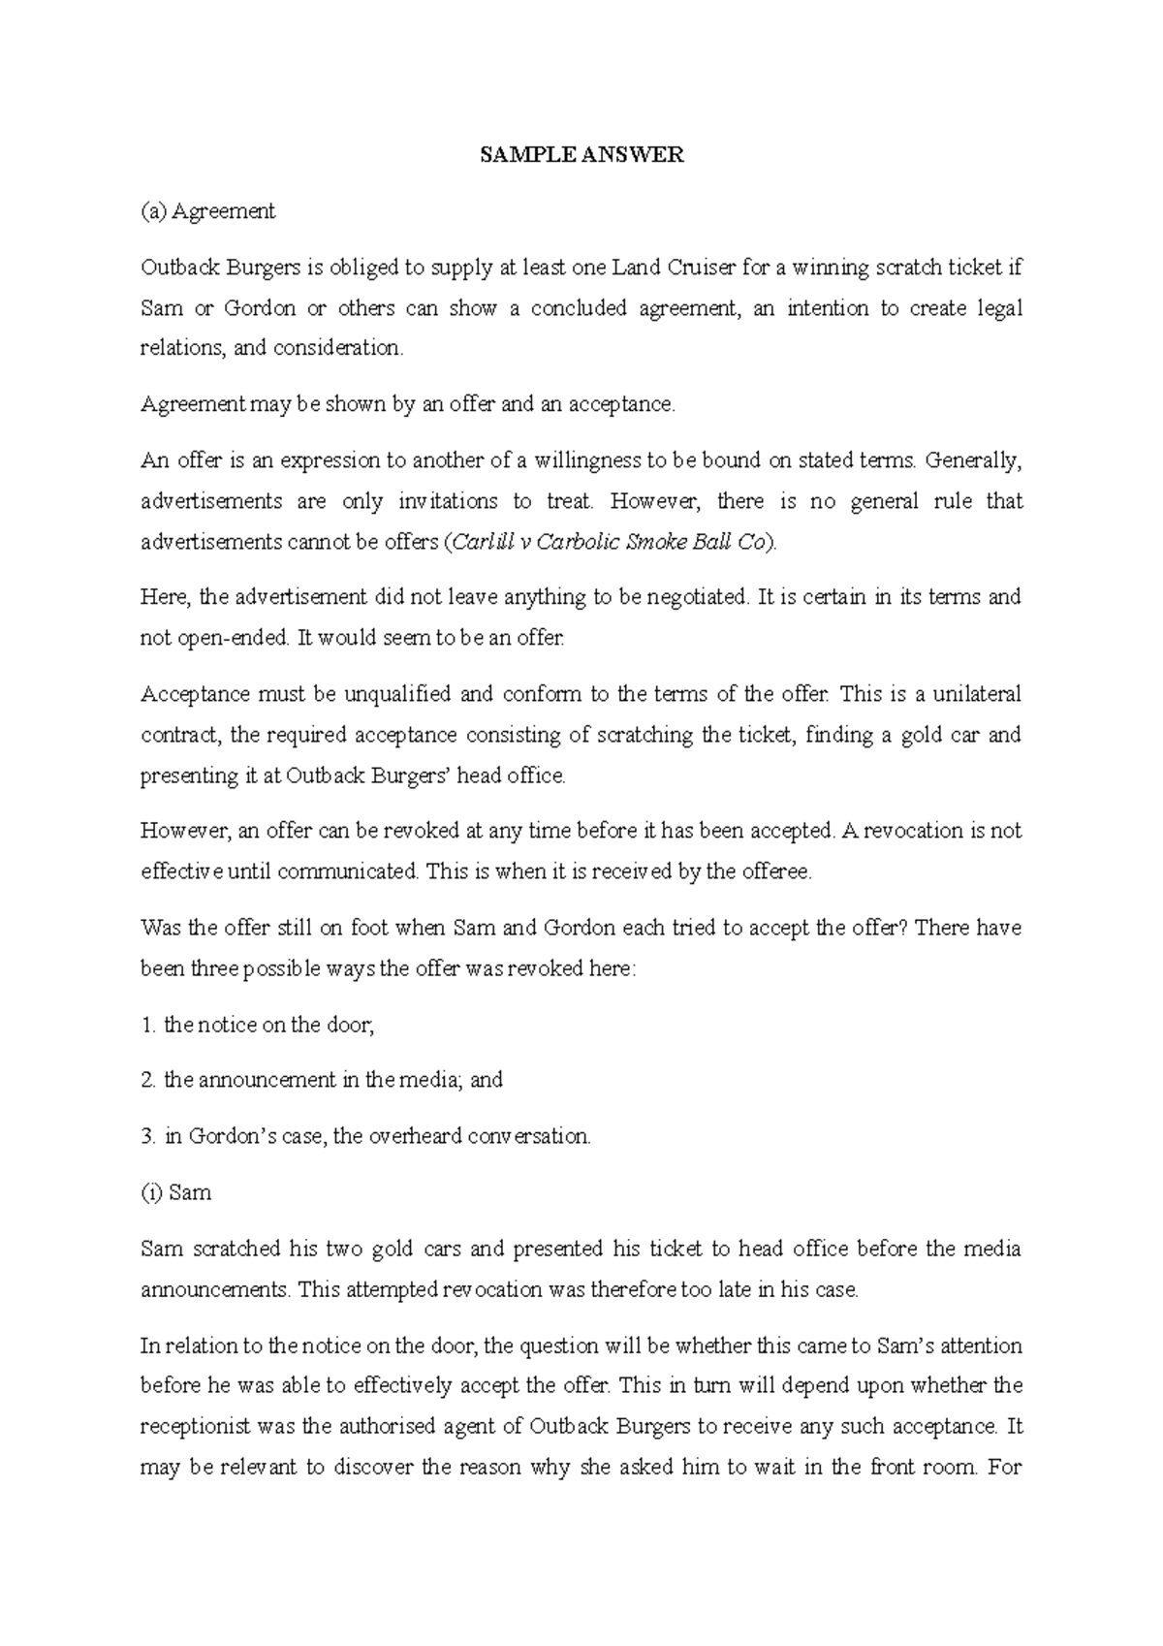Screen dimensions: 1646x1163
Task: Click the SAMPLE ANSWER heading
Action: click(x=581, y=155)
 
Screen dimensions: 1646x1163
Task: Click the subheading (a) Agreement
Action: click(x=208, y=211)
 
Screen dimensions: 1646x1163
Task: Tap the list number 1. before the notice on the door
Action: click(x=148, y=1025)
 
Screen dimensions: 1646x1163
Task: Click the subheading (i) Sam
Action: click(x=176, y=1192)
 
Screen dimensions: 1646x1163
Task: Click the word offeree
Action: click(x=775, y=871)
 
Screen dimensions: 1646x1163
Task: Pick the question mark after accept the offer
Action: click(x=901, y=928)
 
